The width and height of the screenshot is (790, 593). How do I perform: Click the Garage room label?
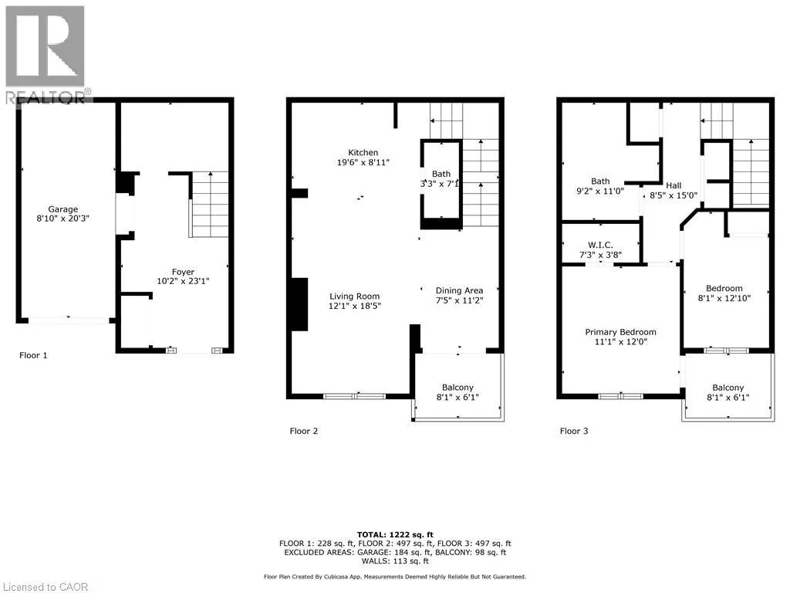pyautogui.click(x=63, y=208)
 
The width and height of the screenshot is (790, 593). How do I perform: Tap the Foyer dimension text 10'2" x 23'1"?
pyautogui.click(x=183, y=281)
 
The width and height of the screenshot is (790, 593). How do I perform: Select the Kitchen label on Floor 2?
pyautogui.click(x=363, y=152)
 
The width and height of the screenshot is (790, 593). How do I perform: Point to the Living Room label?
pyautogui.click(x=355, y=296)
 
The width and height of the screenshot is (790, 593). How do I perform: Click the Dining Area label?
pyautogui.click(x=459, y=290)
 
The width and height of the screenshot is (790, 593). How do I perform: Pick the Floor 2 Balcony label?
pyautogui.click(x=457, y=388)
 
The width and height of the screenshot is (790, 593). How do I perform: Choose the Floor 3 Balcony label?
pyautogui.click(x=728, y=388)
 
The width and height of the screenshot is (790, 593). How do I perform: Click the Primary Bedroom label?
pyautogui.click(x=621, y=332)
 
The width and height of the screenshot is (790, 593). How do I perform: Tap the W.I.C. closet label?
pyautogui.click(x=600, y=245)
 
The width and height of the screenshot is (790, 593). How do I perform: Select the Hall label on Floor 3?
pyautogui.click(x=674, y=185)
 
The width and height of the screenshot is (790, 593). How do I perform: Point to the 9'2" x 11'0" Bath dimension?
pyautogui.click(x=600, y=191)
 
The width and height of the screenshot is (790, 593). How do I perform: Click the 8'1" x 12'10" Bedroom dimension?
pyautogui.click(x=724, y=298)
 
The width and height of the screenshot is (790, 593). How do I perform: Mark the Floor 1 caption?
pyautogui.click(x=33, y=355)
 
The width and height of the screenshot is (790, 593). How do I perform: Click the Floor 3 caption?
pyautogui.click(x=574, y=431)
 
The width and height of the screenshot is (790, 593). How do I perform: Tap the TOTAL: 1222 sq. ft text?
pyautogui.click(x=395, y=535)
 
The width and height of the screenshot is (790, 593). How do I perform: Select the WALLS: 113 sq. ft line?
pyautogui.click(x=395, y=561)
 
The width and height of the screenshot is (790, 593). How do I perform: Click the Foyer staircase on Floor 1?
pyautogui.click(x=209, y=204)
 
